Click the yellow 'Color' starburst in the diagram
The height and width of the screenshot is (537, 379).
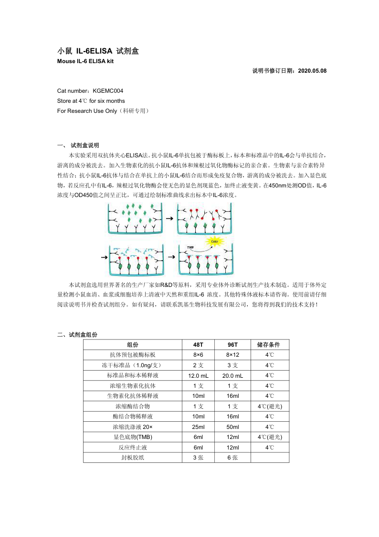pyautogui.click(x=214, y=241)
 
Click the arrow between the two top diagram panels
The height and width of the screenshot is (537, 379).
pyautogui.click(x=169, y=218)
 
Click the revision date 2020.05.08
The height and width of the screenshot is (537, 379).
pyautogui.click(x=312, y=71)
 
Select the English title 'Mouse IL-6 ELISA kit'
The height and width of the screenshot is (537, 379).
pyautogui.click(x=85, y=61)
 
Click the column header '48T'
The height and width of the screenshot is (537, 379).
pyautogui.click(x=198, y=344)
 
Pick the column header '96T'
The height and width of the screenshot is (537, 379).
pyautogui.click(x=232, y=344)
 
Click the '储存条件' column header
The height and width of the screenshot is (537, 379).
pyautogui.click(x=270, y=344)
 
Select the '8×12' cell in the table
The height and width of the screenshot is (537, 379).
pyautogui.click(x=232, y=355)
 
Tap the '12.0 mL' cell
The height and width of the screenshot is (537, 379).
pyautogui.click(x=198, y=375)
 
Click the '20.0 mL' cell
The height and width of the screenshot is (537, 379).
pyautogui.click(x=232, y=375)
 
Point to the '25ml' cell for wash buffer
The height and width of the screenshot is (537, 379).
pyautogui.click(x=198, y=427)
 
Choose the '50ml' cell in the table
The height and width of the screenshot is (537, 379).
pyautogui.click(x=232, y=427)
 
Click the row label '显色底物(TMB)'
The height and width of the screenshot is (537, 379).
pyautogui.click(x=133, y=437)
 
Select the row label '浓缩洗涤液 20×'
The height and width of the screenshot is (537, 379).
pyautogui.click(x=133, y=427)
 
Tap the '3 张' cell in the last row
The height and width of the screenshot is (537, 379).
pyautogui.click(x=198, y=458)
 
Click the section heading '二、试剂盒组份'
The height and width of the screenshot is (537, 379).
pyautogui.click(x=77, y=335)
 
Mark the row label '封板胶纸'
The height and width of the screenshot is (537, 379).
pyautogui.click(x=133, y=458)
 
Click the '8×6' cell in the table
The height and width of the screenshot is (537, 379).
pyautogui.click(x=198, y=355)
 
